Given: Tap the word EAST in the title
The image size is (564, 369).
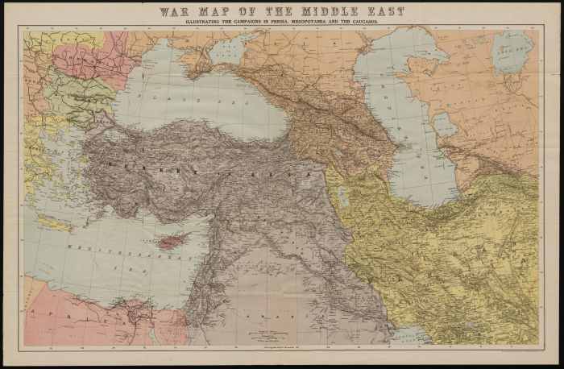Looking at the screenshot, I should tap(381, 12).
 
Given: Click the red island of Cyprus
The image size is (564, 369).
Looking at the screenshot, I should tap(168, 241).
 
